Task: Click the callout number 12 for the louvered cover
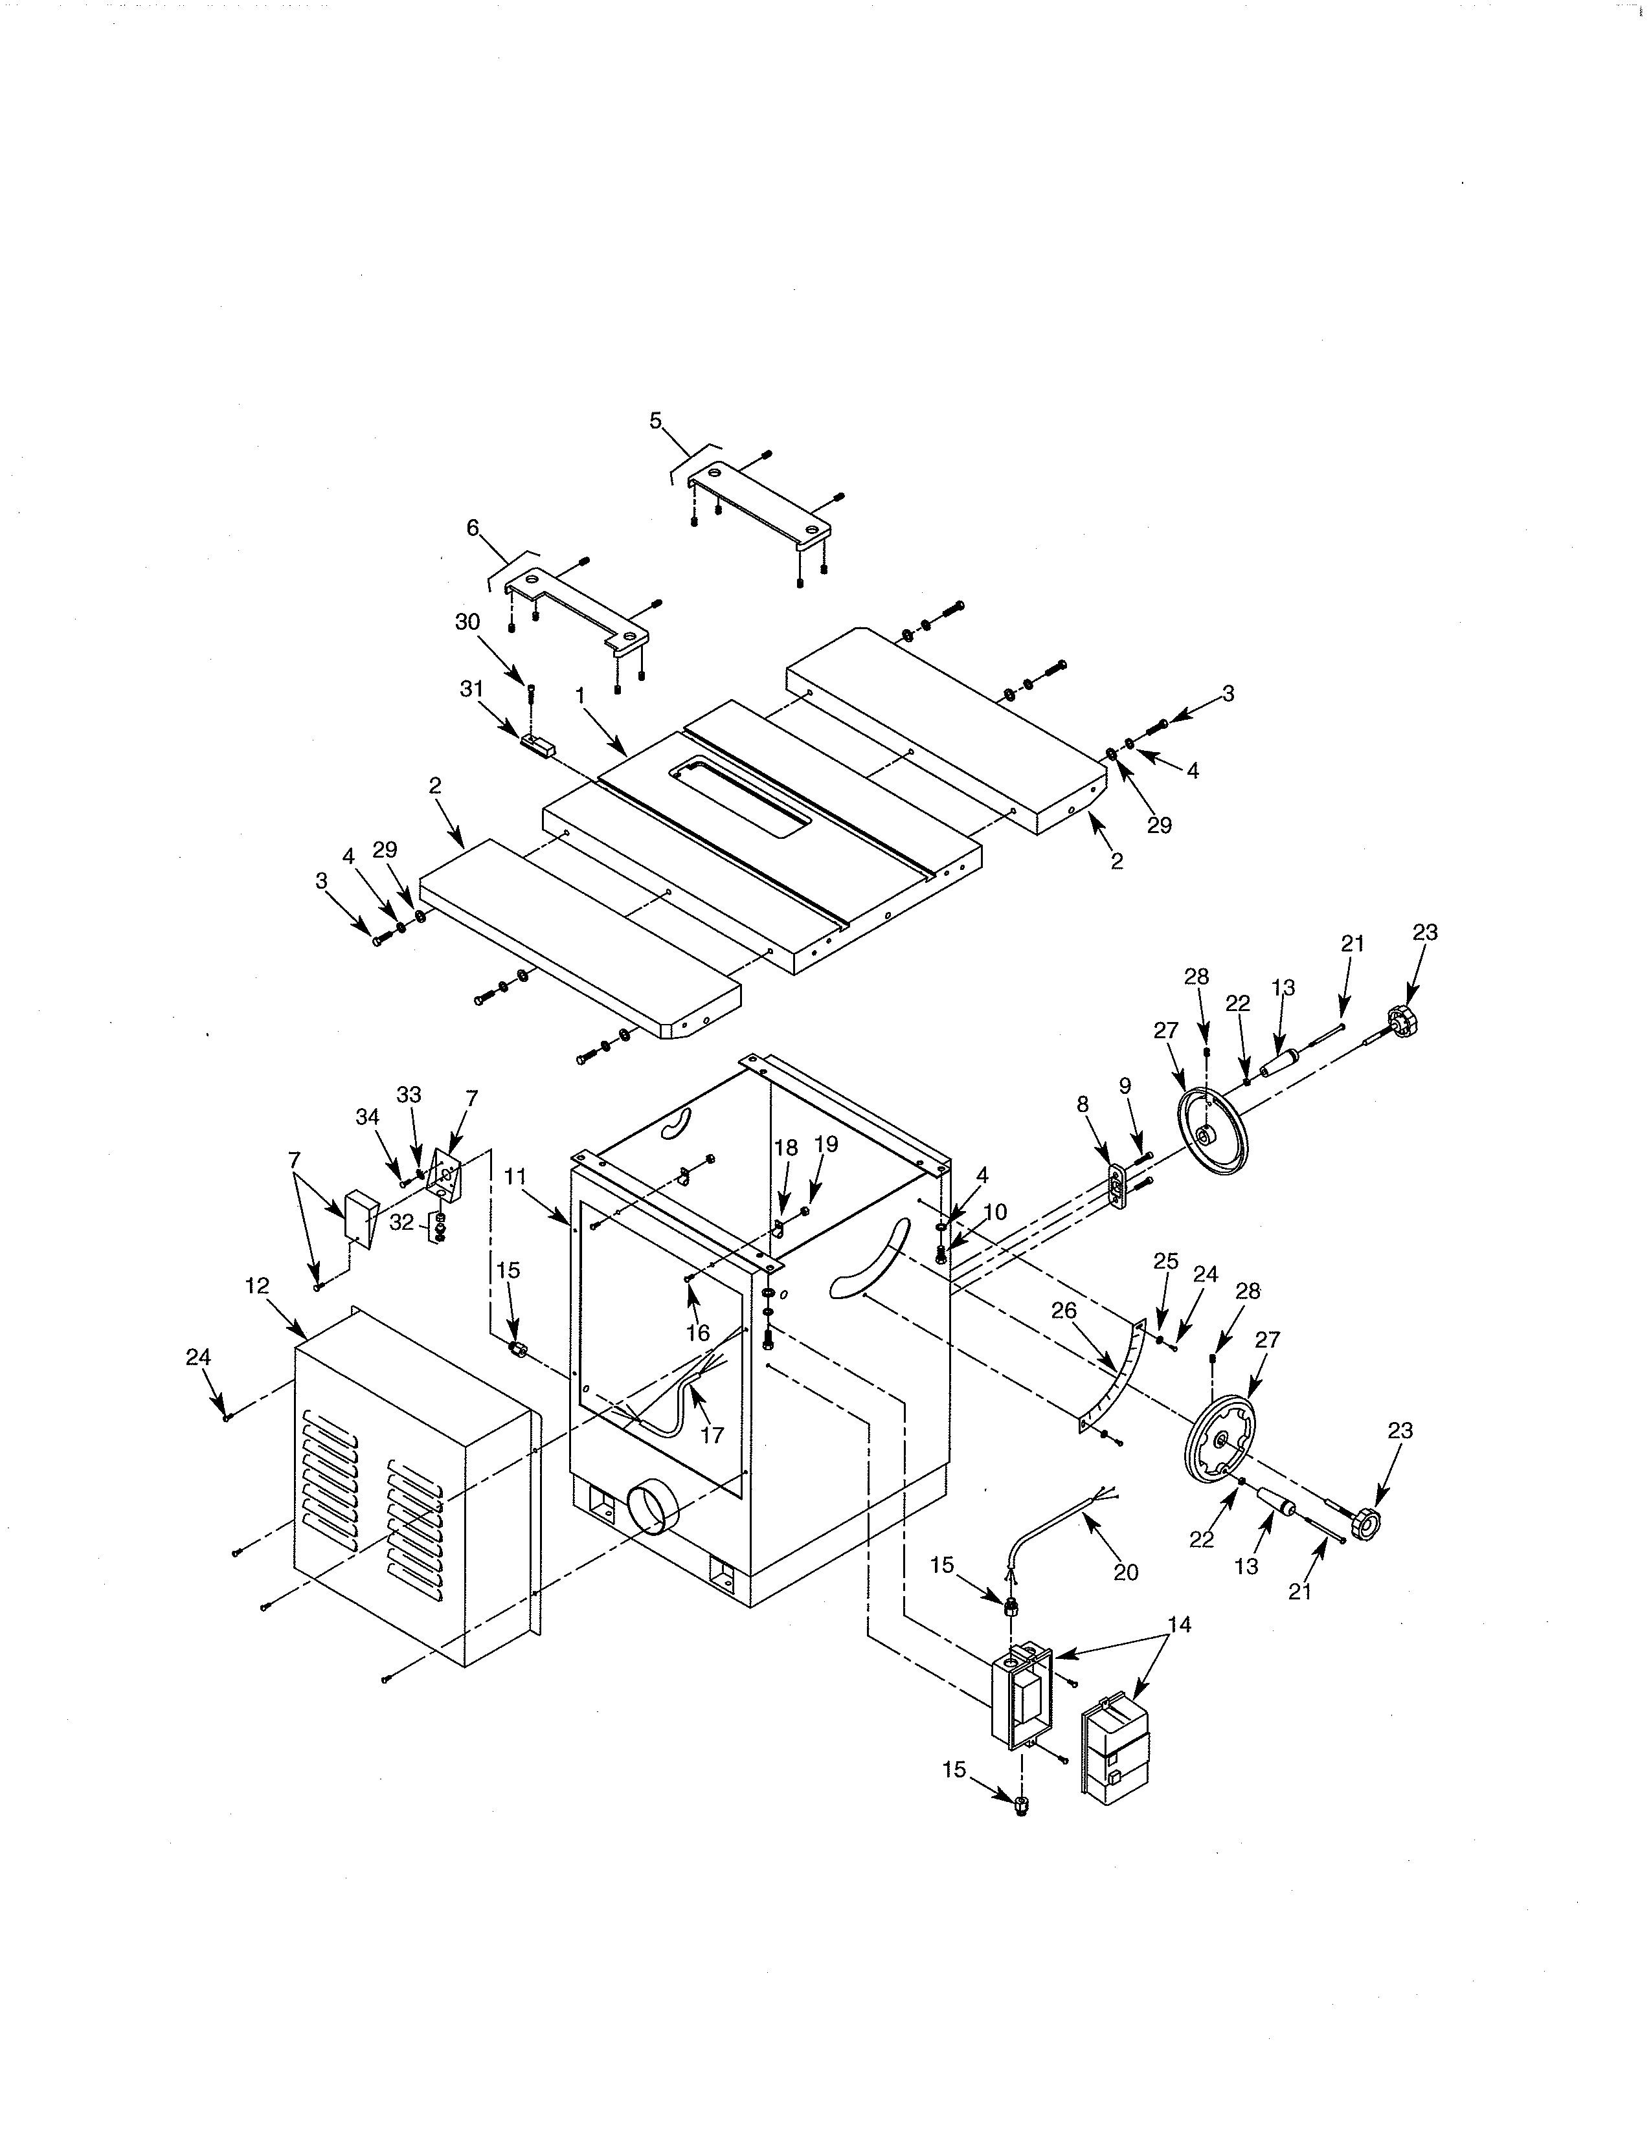256,1286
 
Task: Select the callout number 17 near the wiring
712,1435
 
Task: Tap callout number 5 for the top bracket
655,421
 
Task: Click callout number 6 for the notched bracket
473,528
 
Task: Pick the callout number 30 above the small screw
467,622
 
